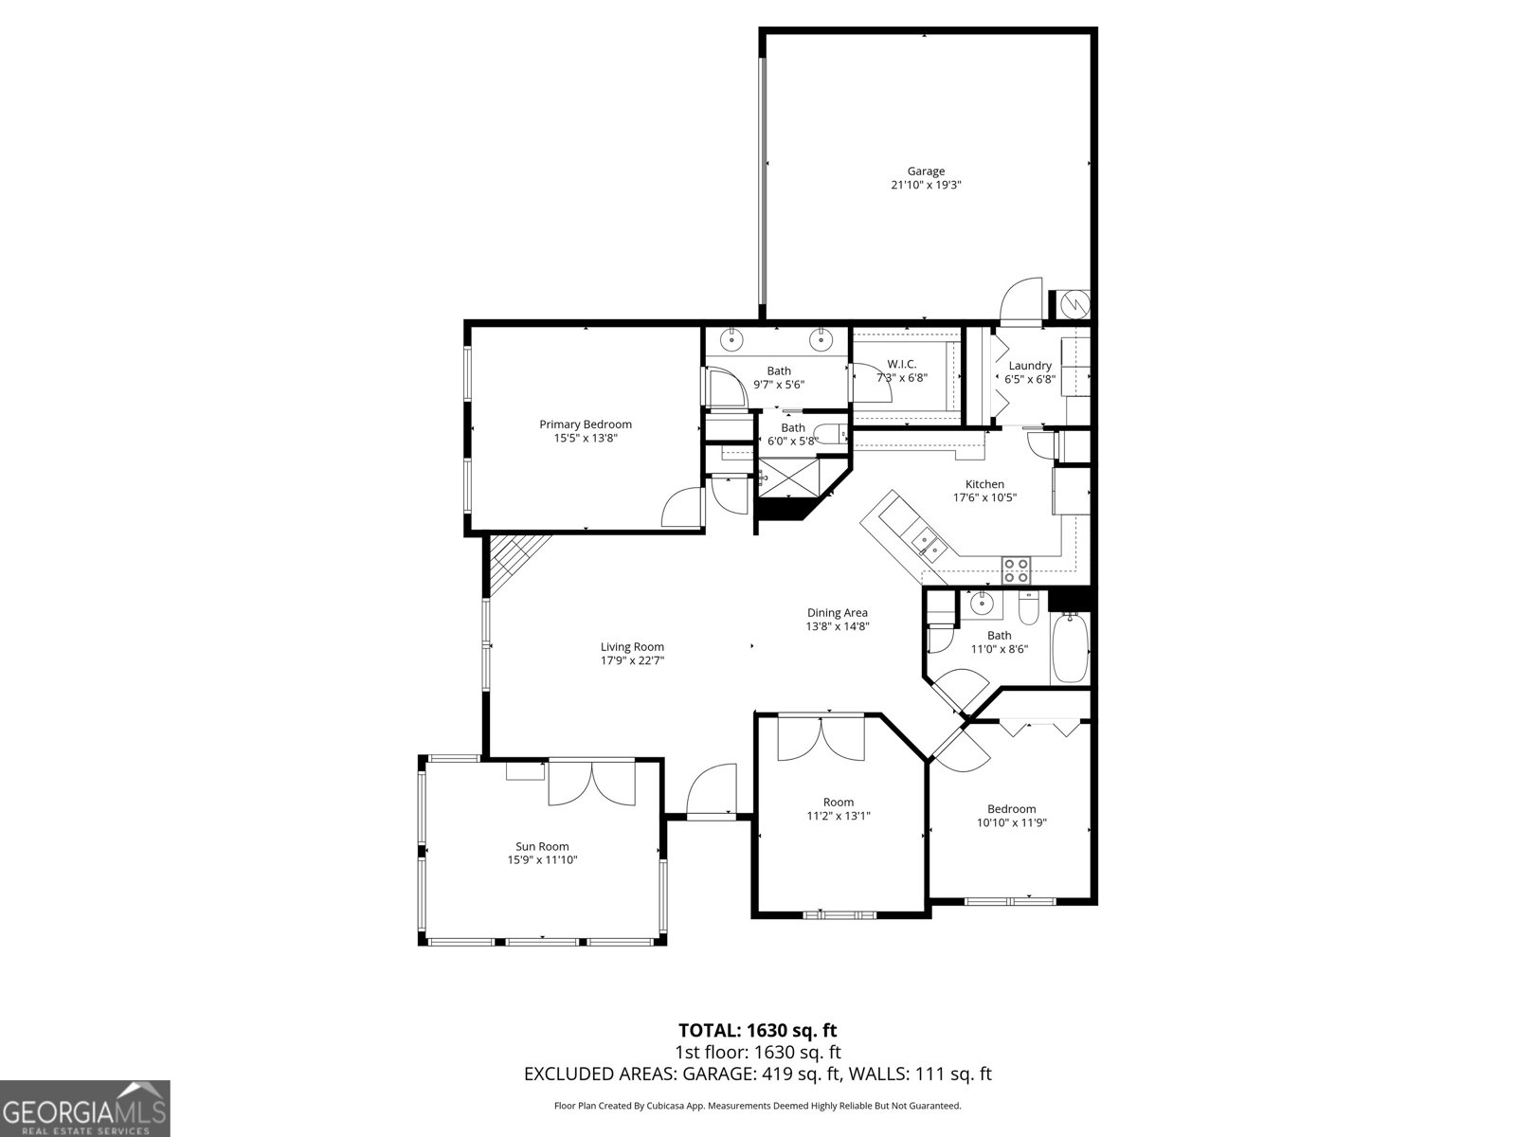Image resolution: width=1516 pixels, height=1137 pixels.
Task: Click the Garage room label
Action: [925, 171]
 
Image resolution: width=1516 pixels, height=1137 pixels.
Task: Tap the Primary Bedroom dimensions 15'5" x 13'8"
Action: [585, 439]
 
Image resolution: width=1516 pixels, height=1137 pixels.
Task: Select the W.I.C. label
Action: [901, 364]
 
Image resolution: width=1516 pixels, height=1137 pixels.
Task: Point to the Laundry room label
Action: [1029, 366]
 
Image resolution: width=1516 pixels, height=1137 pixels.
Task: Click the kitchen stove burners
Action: [1016, 569]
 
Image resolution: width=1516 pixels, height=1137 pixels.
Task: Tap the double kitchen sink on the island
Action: [925, 543]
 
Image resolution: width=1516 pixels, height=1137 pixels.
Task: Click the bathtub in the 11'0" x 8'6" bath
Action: [1070, 648]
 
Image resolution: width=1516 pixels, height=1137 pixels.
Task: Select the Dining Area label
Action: [837, 612]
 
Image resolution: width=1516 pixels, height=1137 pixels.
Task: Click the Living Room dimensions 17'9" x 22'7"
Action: [632, 661]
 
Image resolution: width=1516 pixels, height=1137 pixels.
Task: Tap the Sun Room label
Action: [542, 846]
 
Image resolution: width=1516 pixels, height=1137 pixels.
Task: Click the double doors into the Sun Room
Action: [591, 783]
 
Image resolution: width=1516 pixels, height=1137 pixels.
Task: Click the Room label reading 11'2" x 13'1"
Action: [838, 802]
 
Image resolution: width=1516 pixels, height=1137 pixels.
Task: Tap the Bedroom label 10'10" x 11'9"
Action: [1011, 808]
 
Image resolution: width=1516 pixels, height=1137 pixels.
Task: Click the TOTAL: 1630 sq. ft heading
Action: [757, 1030]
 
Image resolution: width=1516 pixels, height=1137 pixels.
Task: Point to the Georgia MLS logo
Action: [84, 1109]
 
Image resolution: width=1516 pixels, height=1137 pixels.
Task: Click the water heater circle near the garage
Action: [1076, 304]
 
